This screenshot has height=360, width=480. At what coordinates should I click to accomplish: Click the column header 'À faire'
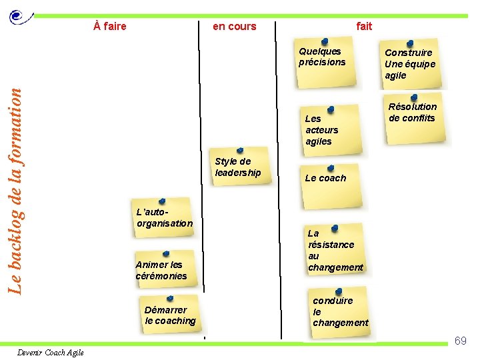tap(110, 27)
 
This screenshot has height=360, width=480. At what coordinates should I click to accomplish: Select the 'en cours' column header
tap(234, 27)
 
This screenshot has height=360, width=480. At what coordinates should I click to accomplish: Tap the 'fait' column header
tap(364, 27)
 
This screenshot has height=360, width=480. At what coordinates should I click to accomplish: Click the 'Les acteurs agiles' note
tap(327, 130)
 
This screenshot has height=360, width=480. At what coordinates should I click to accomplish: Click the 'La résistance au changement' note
tap(335, 251)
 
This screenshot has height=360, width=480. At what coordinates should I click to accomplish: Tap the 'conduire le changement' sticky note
tap(340, 312)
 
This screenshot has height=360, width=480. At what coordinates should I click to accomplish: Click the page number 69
tap(460, 341)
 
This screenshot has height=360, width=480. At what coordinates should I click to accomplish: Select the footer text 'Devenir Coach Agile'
tap(51, 353)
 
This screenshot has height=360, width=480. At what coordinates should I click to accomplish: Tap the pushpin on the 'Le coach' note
tap(331, 168)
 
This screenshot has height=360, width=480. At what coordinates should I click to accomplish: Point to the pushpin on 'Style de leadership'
tap(240, 151)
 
